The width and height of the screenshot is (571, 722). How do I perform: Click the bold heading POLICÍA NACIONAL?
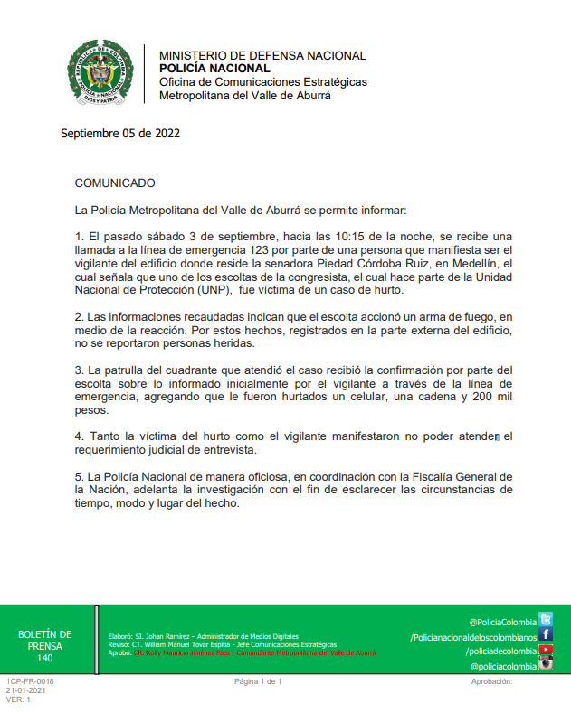coord(214,69)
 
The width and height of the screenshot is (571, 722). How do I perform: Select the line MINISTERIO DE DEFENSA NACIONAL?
coord(262,56)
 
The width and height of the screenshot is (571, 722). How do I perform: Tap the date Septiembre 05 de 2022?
coord(120,134)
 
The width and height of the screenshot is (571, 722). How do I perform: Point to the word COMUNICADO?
coord(115,183)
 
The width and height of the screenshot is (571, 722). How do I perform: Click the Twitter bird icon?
coord(546,620)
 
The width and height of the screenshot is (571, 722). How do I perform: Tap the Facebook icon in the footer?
coord(546,634)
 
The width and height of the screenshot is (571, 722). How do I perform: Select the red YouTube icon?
coord(546,650)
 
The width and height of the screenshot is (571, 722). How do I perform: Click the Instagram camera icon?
coord(546,664)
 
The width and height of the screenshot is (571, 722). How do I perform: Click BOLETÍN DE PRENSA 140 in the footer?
coord(45,646)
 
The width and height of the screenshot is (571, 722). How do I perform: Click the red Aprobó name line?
coord(253,652)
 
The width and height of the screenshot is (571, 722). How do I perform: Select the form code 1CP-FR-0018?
coord(30,681)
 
